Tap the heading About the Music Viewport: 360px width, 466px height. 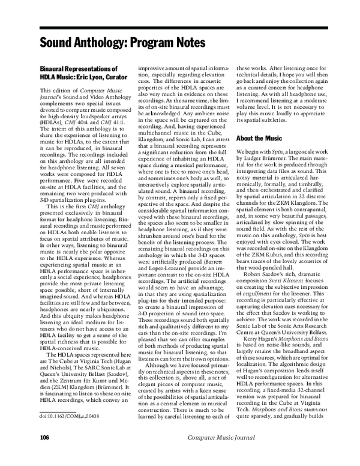pyautogui.click(x=262, y=138)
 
